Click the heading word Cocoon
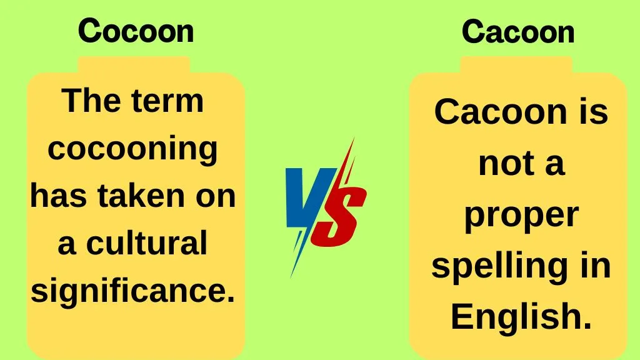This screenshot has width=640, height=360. point(136,31)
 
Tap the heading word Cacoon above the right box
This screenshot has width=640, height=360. point(518,31)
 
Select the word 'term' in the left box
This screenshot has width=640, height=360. point(167,101)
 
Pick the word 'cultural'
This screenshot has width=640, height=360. point(146,242)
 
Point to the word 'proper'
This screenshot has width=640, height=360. point(521,216)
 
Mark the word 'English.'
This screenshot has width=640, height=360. point(521,317)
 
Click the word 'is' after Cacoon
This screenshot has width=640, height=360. point(593,112)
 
